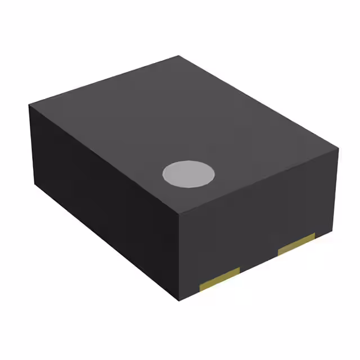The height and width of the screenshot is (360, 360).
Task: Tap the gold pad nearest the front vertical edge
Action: coord(220,278)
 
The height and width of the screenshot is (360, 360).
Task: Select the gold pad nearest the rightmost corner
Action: coord(296,244)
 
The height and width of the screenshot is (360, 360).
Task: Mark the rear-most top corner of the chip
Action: coord(179,56)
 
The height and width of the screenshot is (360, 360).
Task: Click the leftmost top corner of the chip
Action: coord(30,105)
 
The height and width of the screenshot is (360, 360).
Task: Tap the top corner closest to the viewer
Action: coord(179,214)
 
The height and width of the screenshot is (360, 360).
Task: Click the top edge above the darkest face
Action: coord(105,160)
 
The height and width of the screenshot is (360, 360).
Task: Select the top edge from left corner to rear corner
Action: coord(105,80)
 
